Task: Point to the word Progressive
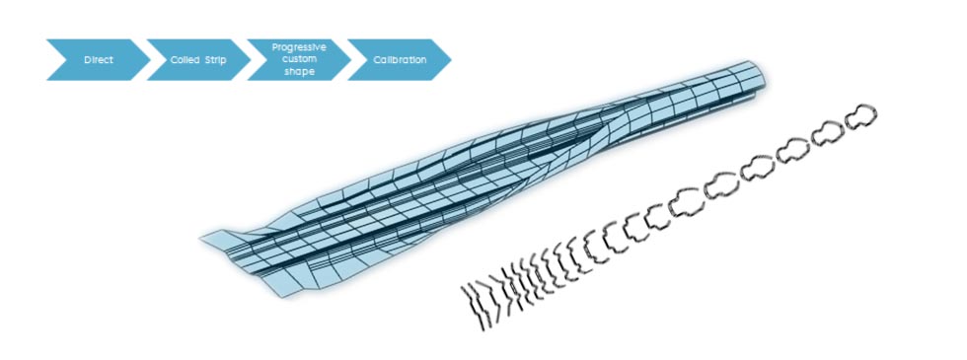click(299, 46)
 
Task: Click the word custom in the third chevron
click(299, 59)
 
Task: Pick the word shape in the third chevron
click(299, 72)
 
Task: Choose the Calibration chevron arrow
click(400, 60)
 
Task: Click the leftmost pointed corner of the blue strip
click(201, 238)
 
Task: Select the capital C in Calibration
click(376, 60)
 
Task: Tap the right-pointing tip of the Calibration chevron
click(451, 60)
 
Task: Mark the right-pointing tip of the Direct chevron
click(149, 60)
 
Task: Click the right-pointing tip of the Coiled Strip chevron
click(250, 60)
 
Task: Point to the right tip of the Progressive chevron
click(349, 60)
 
